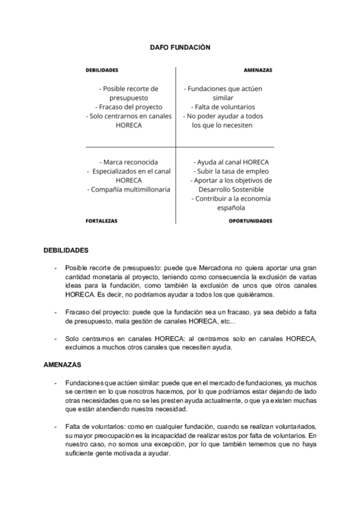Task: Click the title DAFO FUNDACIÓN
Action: click(x=180, y=47)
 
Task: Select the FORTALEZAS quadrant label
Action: click(x=102, y=221)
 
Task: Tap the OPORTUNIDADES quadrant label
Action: click(x=251, y=221)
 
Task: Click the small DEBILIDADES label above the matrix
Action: click(x=102, y=70)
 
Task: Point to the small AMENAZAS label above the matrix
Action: click(x=258, y=70)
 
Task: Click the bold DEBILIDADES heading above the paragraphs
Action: click(x=66, y=250)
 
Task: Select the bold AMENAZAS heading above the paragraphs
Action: click(x=63, y=364)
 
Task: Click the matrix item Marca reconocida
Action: click(x=129, y=162)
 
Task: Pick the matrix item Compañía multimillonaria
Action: click(x=129, y=189)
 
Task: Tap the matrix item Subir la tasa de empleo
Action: click(x=231, y=171)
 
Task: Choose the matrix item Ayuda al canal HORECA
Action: click(x=231, y=162)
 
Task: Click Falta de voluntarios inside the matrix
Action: click(x=223, y=107)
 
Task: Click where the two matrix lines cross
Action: click(x=175, y=147)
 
